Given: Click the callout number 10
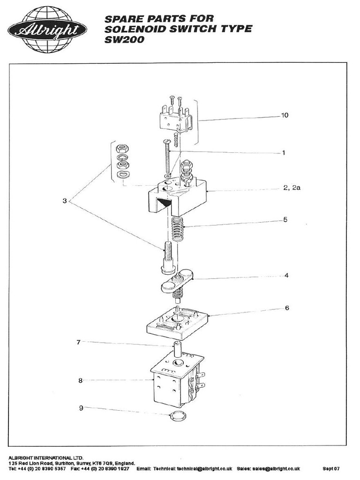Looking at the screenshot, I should pyautogui.click(x=284, y=115).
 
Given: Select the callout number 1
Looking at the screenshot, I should pyautogui.click(x=284, y=153).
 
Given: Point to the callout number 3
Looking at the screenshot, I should pyautogui.click(x=65, y=201).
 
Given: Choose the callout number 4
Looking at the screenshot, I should pyautogui.click(x=286, y=276).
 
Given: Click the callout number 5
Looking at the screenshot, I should pyautogui.click(x=285, y=219).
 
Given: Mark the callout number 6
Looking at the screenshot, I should pyautogui.click(x=286, y=308).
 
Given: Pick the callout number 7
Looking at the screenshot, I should pyautogui.click(x=79, y=342).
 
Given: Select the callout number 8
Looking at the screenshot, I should pyautogui.click(x=80, y=381).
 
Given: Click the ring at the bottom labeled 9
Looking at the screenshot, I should pyautogui.click(x=177, y=415).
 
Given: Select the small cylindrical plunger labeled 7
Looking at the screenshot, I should pyautogui.click(x=178, y=349).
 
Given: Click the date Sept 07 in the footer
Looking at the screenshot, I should pyautogui.click(x=331, y=468).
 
